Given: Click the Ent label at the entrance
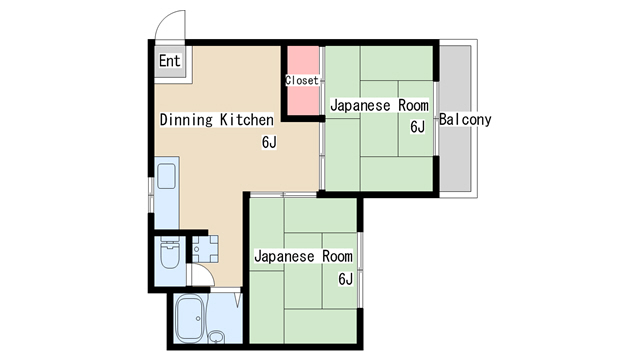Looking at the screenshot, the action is (x=169, y=61).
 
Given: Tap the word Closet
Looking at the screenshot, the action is (x=302, y=80).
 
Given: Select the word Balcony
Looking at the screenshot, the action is (x=465, y=120).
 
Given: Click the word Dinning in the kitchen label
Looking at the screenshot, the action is (x=187, y=120).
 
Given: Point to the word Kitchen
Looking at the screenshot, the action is (x=247, y=120).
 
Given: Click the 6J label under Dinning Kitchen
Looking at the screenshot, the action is (x=269, y=142).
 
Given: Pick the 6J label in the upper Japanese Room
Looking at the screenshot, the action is (x=418, y=127).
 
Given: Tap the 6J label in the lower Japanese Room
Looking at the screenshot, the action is (x=345, y=279).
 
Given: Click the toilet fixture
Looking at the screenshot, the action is (x=170, y=253).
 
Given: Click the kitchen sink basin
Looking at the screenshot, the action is (x=167, y=176).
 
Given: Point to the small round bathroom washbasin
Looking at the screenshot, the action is (x=216, y=337).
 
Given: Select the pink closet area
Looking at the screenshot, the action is (x=303, y=80).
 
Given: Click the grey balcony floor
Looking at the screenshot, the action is (x=455, y=118).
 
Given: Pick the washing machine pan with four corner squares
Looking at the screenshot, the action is (x=205, y=249).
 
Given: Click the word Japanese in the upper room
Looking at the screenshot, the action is (x=360, y=106).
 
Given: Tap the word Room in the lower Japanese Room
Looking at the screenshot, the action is (x=338, y=256).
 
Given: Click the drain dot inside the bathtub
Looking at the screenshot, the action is (x=198, y=318).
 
